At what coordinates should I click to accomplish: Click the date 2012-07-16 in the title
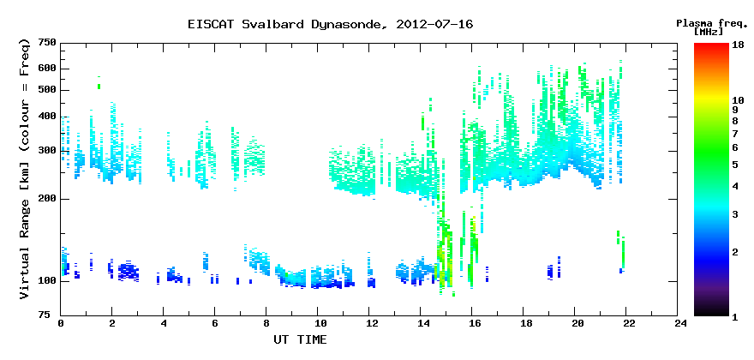click(x=434, y=24)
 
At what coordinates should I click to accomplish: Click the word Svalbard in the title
click(x=273, y=24)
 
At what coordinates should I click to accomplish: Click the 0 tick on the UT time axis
click(x=61, y=324)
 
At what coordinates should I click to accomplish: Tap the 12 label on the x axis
click(x=368, y=324)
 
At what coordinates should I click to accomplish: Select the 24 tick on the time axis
click(x=677, y=324)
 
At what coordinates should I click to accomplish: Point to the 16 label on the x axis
click(x=472, y=324)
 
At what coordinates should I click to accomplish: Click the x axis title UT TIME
click(x=300, y=339)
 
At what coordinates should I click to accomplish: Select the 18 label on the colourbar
click(x=738, y=45)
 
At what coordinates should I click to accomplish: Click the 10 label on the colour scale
click(x=738, y=100)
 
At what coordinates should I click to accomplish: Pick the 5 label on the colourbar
click(x=735, y=165)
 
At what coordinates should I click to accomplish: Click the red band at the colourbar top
click(x=711, y=47)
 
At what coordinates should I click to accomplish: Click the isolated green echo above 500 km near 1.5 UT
click(x=99, y=87)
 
